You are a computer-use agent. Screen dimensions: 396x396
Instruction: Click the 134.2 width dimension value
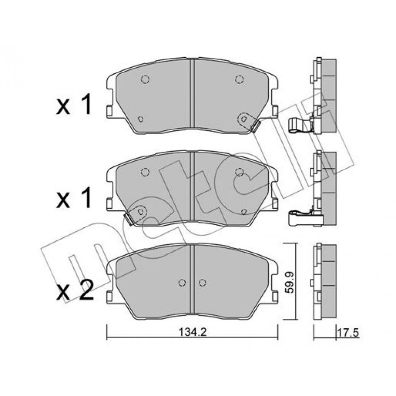tap(193, 332)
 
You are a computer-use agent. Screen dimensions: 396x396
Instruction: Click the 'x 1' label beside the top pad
tap(74, 106)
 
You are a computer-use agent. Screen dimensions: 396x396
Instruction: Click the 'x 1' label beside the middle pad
tap(74, 199)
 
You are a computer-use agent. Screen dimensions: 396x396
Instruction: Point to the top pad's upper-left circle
tap(145, 79)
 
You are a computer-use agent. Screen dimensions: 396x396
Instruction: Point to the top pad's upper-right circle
tap(239, 79)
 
